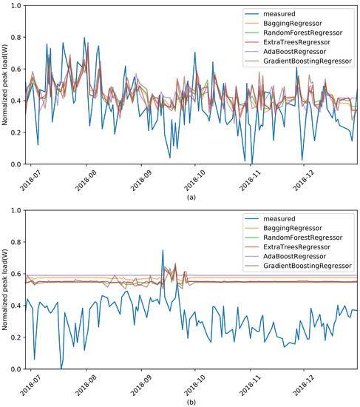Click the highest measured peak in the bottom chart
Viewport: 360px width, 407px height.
tap(163, 250)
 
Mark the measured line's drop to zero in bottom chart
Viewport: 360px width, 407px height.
tap(61, 368)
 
